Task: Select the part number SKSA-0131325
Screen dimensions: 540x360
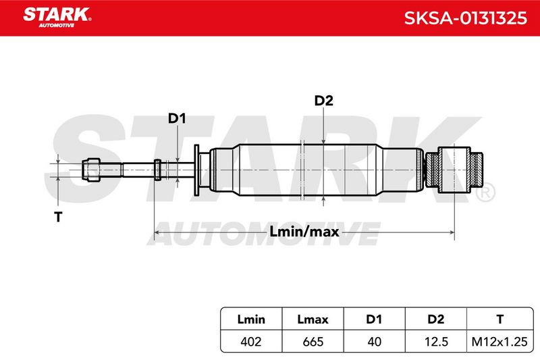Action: point(465,18)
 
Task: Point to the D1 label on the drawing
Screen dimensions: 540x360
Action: point(177,118)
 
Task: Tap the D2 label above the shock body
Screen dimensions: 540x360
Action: point(324,101)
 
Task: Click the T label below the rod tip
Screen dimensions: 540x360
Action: point(58,217)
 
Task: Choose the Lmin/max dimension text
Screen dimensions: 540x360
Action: point(304,232)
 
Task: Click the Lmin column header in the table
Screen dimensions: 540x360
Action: point(251,319)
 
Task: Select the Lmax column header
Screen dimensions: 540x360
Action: point(313,319)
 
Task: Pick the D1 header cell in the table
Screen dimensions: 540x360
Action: point(374,319)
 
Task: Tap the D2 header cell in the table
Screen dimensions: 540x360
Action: point(435,319)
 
